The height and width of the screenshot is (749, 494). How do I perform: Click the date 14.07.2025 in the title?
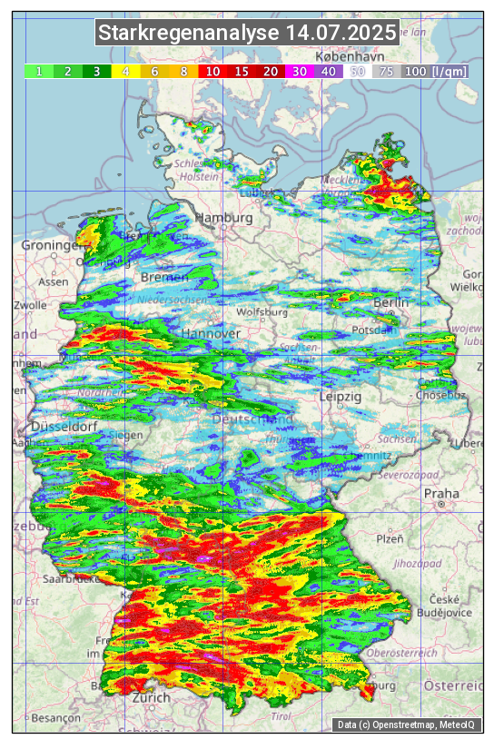(x=340, y=34)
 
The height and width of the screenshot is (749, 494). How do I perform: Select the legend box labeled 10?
(x=212, y=71)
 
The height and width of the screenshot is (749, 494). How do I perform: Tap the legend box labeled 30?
(x=299, y=71)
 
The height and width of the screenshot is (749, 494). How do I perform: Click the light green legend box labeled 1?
(x=39, y=71)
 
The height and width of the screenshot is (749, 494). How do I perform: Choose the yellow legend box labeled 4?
(x=126, y=71)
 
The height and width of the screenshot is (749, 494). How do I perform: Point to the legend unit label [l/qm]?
(x=450, y=71)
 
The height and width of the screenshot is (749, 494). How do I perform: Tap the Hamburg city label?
(x=223, y=219)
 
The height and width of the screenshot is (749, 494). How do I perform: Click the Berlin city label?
(x=391, y=302)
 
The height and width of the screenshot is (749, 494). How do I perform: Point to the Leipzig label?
(x=341, y=397)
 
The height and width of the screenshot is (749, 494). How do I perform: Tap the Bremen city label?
(x=164, y=277)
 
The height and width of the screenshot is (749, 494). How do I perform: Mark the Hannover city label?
(x=211, y=334)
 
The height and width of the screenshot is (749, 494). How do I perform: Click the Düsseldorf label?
(x=58, y=427)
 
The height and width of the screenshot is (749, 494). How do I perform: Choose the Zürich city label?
(x=151, y=697)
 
